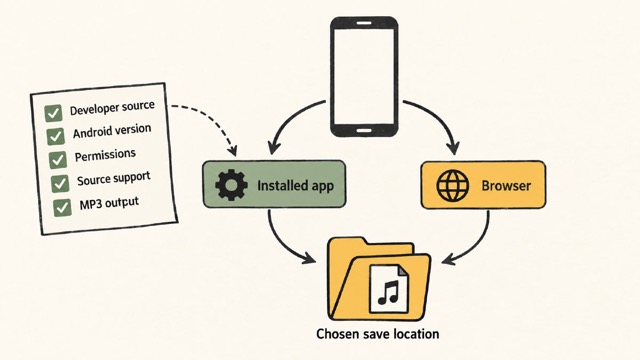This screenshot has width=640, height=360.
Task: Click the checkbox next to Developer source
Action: pyautogui.click(x=53, y=113)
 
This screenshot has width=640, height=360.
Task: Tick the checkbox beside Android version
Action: pyautogui.click(x=56, y=136)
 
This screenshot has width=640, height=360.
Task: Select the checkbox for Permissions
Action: pyautogui.click(x=58, y=160)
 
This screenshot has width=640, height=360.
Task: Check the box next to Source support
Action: pyautogui.click(x=60, y=184)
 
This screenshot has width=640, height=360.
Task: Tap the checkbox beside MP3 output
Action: pyautogui.click(x=62, y=207)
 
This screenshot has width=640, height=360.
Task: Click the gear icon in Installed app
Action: pyautogui.click(x=231, y=185)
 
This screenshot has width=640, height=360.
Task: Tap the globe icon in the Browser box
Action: pyautogui.click(x=453, y=186)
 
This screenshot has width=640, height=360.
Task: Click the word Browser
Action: pyautogui.click(x=506, y=186)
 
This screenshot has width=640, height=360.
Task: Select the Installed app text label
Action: pyautogui.click(x=296, y=186)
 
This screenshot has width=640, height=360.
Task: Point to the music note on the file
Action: pyautogui.click(x=388, y=292)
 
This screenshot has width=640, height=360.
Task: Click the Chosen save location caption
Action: pyautogui.click(x=378, y=334)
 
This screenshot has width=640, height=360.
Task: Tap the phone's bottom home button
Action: pyautogui.click(x=364, y=131)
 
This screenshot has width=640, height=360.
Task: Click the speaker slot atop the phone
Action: pyautogui.click(x=364, y=23)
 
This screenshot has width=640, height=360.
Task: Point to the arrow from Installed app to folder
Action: pyautogui.click(x=279, y=245)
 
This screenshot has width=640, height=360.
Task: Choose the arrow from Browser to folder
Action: pyautogui.click(x=478, y=245)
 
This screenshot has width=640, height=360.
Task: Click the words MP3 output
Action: pyautogui.click(x=109, y=203)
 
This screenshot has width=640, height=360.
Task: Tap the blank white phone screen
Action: pyautogui.click(x=364, y=77)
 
